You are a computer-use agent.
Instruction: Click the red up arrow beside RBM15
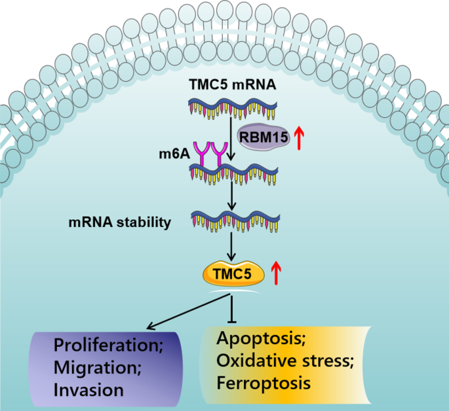click(x=300, y=138)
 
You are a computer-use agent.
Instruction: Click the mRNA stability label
click(x=120, y=222)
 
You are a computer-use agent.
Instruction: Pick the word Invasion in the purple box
click(x=89, y=390)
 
